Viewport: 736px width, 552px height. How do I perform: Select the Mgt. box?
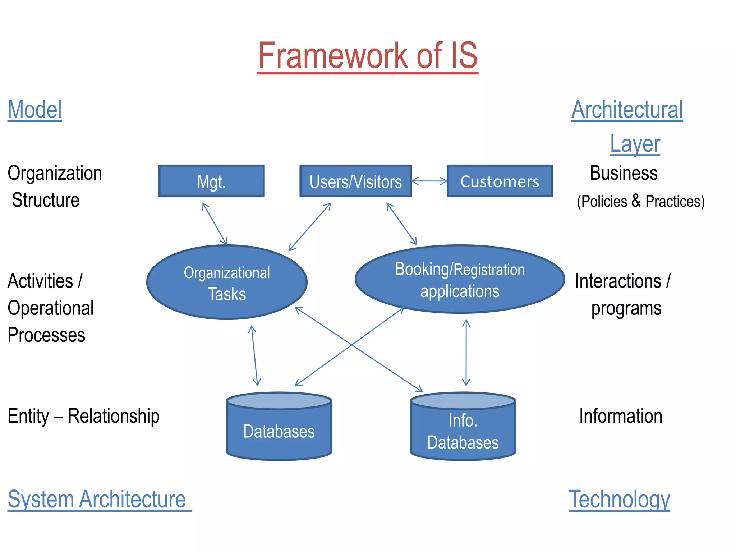pyautogui.click(x=211, y=181)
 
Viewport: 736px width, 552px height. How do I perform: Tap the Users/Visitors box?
pyautogui.click(x=355, y=181)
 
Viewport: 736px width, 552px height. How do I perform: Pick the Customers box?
pyautogui.click(x=500, y=181)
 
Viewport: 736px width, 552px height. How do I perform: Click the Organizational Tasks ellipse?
pyautogui.click(x=227, y=282)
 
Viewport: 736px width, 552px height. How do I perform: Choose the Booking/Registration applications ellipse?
pyautogui.click(x=460, y=280)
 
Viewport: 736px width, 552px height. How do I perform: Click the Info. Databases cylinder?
pyautogui.click(x=463, y=431)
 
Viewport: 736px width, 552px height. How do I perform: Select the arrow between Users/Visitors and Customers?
pyautogui.click(x=429, y=181)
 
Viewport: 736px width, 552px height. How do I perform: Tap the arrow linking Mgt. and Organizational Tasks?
pyautogui.click(x=215, y=224)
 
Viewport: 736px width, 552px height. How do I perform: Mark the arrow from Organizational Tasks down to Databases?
pyautogui.click(x=254, y=356)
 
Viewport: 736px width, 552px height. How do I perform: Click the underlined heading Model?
pyautogui.click(x=35, y=110)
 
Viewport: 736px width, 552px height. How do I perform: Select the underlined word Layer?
pyautogui.click(x=635, y=144)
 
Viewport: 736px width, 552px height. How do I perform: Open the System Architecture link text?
pyautogui.click(x=97, y=499)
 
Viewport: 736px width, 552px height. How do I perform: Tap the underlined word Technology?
pyautogui.click(x=619, y=499)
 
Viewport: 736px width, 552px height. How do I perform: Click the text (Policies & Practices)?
pyautogui.click(x=640, y=201)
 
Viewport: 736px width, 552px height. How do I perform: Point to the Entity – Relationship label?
pyautogui.click(x=83, y=416)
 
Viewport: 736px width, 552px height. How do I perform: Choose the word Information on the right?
pyautogui.click(x=621, y=416)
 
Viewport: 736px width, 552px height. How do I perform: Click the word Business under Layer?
pyautogui.click(x=624, y=173)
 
